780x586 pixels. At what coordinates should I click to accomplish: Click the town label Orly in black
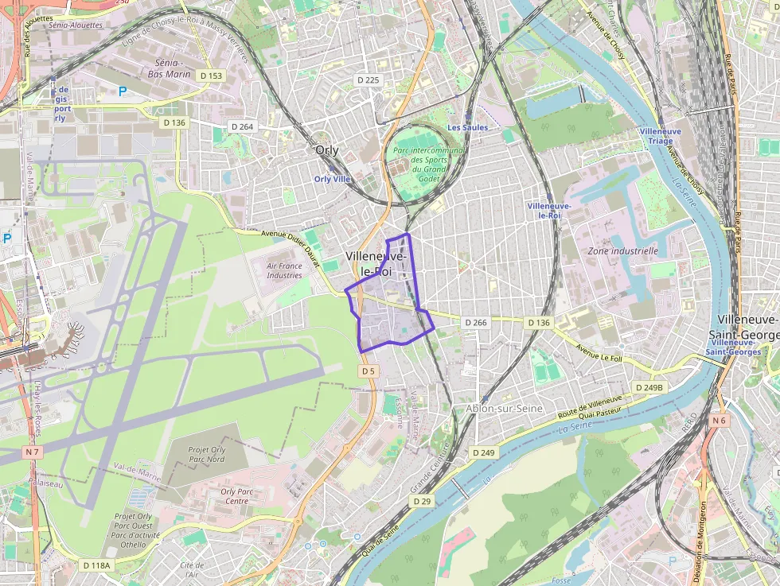(326, 150)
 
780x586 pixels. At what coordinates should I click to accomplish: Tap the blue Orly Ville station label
(333, 179)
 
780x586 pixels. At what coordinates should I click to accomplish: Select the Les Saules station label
(467, 127)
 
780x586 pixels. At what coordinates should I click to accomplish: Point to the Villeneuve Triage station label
(660, 135)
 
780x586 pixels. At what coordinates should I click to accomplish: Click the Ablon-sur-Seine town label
(504, 408)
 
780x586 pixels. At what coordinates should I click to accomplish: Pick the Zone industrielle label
(622, 250)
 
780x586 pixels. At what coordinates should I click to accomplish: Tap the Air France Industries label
(284, 271)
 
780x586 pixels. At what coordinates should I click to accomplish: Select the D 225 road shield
(369, 80)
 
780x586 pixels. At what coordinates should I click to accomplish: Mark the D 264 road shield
(242, 126)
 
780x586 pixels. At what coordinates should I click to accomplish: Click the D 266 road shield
(474, 322)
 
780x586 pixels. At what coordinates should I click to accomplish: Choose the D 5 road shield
(367, 371)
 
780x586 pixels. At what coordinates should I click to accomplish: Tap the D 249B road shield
(649, 387)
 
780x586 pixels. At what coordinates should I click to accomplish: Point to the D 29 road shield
(422, 501)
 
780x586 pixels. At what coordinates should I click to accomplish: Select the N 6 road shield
(720, 420)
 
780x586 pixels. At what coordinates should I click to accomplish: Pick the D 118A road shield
(97, 565)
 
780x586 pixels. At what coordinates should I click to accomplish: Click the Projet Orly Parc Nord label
(206, 455)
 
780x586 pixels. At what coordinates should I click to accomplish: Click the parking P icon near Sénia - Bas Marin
(123, 91)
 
